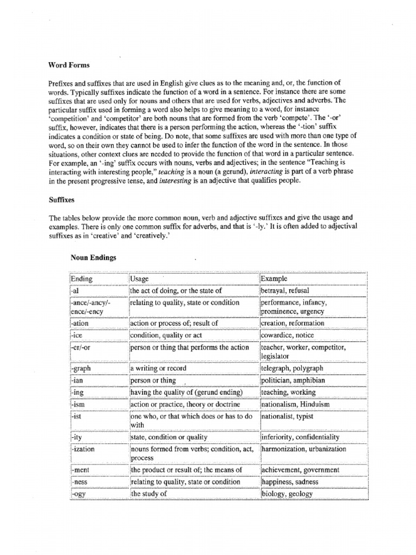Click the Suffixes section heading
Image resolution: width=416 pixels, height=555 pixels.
(61, 199)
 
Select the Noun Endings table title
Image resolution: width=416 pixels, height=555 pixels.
(93, 258)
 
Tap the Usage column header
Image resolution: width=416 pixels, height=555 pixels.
(140, 279)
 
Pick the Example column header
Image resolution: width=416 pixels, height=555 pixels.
(274, 279)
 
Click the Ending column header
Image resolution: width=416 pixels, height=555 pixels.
(82, 279)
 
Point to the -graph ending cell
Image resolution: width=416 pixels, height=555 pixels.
(82, 369)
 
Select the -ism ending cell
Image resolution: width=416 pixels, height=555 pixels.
(79, 404)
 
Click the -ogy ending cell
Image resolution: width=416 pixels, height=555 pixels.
(79, 494)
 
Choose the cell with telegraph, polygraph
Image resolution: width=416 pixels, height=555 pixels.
(292, 369)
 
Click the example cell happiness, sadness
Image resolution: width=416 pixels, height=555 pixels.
(290, 482)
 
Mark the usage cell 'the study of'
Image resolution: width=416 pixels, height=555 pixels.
(149, 494)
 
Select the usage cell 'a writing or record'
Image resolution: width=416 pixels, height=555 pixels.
(159, 369)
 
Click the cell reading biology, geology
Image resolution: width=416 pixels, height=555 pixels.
(287, 494)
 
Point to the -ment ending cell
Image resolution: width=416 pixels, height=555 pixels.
(81, 470)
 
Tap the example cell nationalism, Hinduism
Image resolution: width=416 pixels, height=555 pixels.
(295, 404)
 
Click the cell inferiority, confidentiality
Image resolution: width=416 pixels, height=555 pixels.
(300, 437)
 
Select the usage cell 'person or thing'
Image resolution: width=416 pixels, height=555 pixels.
(153, 380)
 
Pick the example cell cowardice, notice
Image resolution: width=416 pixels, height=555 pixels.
(287, 335)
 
